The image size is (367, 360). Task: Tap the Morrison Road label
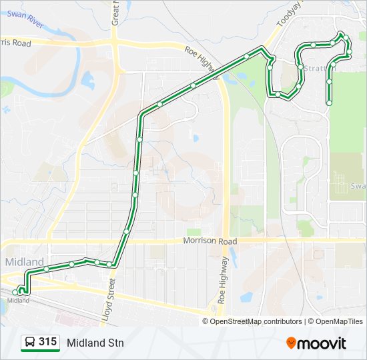point(210,241)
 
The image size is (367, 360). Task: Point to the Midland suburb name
point(25,261)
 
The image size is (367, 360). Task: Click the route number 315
point(47,342)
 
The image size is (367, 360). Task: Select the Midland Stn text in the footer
point(95,343)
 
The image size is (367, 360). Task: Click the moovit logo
point(316,343)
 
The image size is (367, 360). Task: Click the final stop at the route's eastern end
point(330,103)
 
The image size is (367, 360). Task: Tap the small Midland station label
point(18,301)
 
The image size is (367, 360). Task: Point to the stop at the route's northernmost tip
point(342,35)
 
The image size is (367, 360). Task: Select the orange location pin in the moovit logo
point(291,343)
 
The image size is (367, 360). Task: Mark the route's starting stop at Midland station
point(15,292)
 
